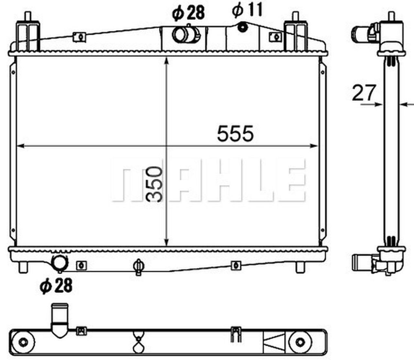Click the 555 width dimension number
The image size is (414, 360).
pos(235,133)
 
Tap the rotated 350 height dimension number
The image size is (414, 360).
pos(154,184)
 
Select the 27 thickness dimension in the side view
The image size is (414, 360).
pos(364,93)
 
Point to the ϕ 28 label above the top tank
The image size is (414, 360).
pos(189,13)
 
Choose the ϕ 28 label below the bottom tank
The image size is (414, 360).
pos(56,286)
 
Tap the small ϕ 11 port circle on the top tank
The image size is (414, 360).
pos(242,27)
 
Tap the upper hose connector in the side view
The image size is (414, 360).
pos(362,32)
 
